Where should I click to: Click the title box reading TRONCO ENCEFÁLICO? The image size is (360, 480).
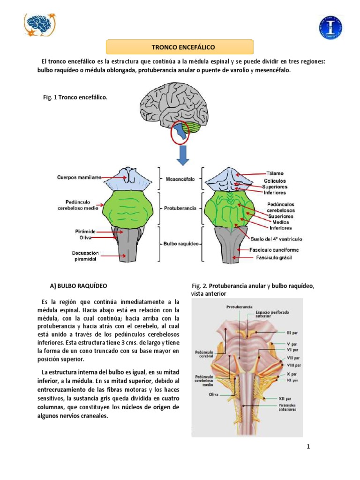click(180, 47)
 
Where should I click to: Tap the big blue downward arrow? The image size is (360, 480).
click(183, 155)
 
